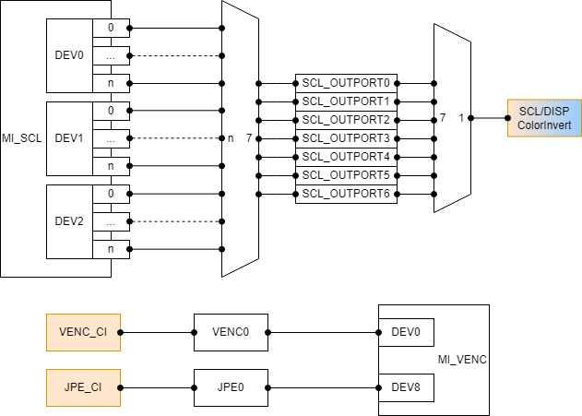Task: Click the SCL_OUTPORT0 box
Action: [346, 83]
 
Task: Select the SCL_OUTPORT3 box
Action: [346, 138]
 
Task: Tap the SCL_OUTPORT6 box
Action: [346, 194]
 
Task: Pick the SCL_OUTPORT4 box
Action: [346, 157]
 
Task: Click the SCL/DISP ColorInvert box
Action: [544, 118]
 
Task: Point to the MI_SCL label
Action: [22, 137]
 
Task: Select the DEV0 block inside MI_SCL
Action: [69, 55]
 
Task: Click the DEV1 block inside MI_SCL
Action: [69, 138]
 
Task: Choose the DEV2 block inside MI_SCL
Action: [69, 221]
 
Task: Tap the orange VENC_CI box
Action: [83, 332]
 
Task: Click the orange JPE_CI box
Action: [83, 387]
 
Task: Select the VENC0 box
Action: [231, 332]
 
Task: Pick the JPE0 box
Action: [231, 387]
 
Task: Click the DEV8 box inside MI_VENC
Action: [406, 387]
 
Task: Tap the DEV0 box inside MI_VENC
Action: [406, 332]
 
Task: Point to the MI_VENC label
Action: [461, 360]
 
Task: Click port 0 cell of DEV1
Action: [112, 111]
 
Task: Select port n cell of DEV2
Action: [112, 249]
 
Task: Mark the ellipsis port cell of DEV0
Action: [112, 55]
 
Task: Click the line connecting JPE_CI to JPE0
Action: [157, 387]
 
